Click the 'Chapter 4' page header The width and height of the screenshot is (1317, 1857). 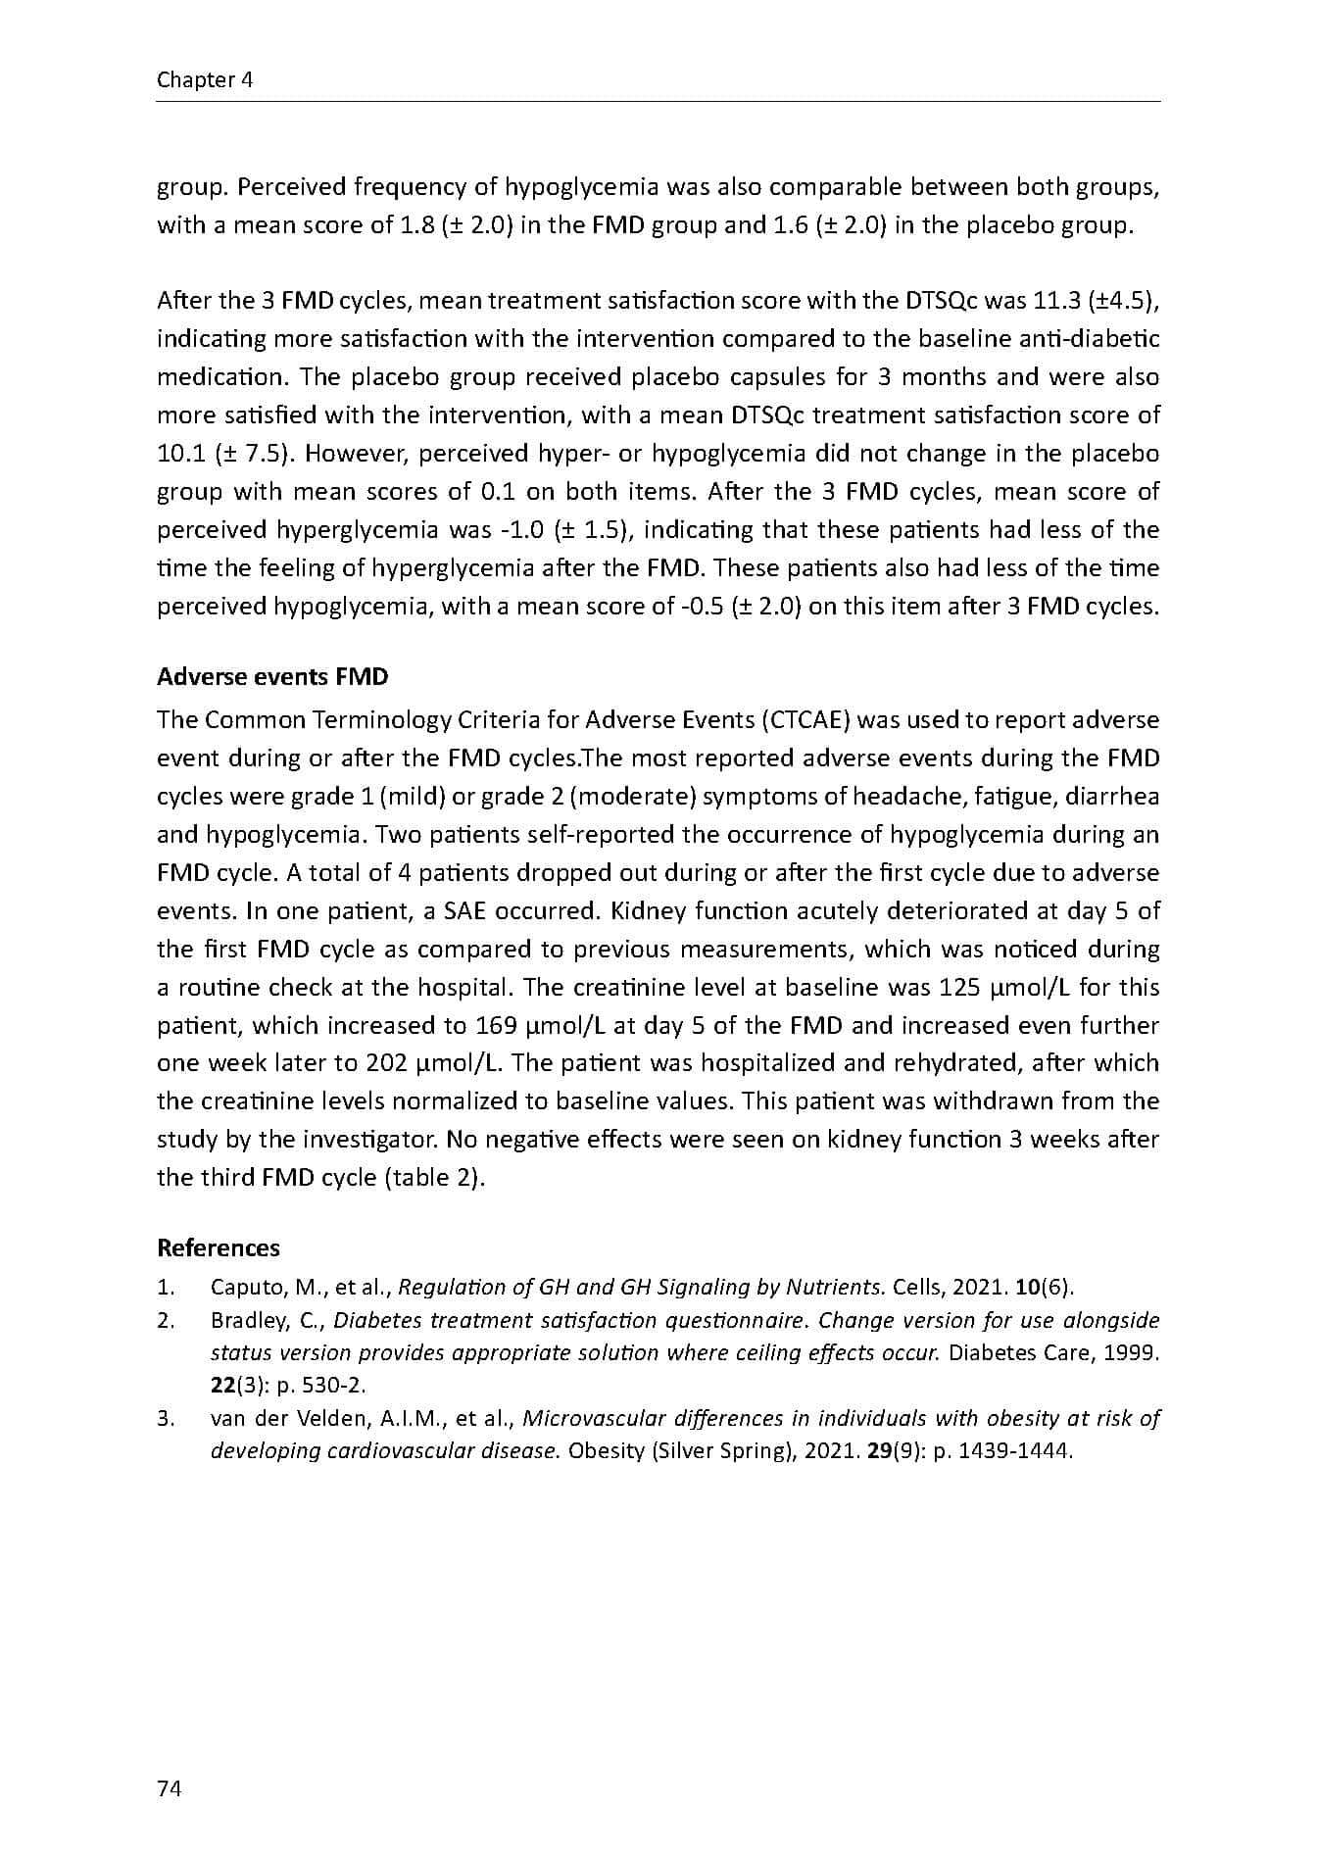click(x=205, y=80)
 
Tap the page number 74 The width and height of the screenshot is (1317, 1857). click(x=169, y=1788)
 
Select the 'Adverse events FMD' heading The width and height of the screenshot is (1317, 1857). click(x=272, y=677)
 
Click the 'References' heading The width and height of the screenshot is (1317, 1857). click(x=219, y=1247)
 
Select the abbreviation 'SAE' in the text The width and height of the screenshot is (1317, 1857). click(x=465, y=911)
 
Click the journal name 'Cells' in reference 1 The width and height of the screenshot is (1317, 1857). click(x=919, y=1288)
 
